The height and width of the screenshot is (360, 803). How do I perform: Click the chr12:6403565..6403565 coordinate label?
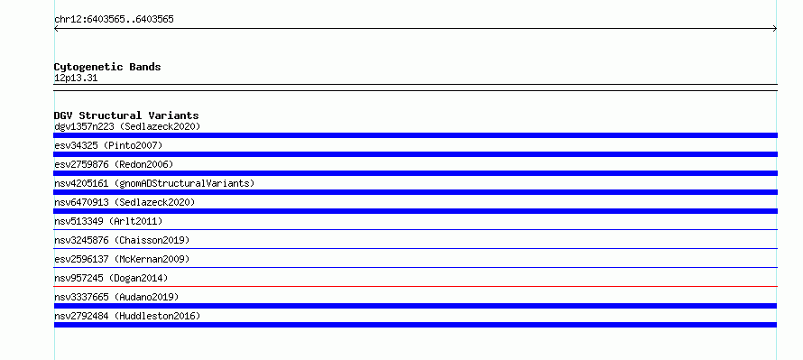click(114, 20)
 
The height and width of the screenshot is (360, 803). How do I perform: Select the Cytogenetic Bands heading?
click(107, 67)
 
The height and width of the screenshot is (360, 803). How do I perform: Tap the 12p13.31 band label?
click(76, 78)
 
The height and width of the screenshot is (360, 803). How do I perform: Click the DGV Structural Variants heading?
click(126, 115)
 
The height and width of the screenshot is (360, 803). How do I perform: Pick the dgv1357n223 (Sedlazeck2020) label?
click(127, 126)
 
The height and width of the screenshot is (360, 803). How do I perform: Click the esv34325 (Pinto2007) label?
click(108, 145)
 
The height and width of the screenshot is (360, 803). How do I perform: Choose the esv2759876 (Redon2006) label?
click(114, 164)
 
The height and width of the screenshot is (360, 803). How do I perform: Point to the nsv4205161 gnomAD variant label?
click(154, 183)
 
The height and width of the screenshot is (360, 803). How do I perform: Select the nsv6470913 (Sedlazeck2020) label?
click(125, 202)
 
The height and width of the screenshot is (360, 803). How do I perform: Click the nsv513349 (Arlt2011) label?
click(108, 221)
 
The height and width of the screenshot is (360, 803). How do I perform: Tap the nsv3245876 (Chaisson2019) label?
click(122, 240)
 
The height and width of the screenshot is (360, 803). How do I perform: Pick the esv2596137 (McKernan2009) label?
click(122, 259)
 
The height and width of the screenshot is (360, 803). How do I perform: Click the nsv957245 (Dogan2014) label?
click(111, 278)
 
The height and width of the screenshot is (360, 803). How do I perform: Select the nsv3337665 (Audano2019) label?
click(116, 297)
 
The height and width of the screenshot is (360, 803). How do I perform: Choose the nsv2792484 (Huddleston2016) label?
click(127, 316)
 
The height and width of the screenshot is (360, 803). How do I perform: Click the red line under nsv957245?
click(415, 286)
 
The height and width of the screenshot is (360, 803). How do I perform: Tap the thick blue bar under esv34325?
click(415, 154)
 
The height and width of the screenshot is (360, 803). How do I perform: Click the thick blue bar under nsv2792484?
click(415, 325)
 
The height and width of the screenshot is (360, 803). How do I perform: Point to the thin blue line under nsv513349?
click(415, 229)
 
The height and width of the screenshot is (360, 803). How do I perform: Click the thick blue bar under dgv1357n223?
click(415, 135)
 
